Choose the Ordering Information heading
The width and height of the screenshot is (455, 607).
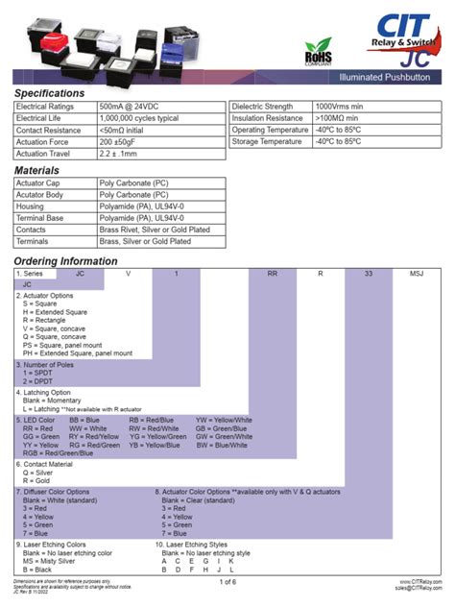tap(65, 261)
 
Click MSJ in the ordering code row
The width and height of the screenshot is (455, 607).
tap(417, 274)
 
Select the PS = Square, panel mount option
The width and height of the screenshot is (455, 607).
tap(64, 345)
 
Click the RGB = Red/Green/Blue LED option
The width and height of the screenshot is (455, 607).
tap(58, 453)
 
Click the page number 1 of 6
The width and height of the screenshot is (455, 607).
tap(227, 582)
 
